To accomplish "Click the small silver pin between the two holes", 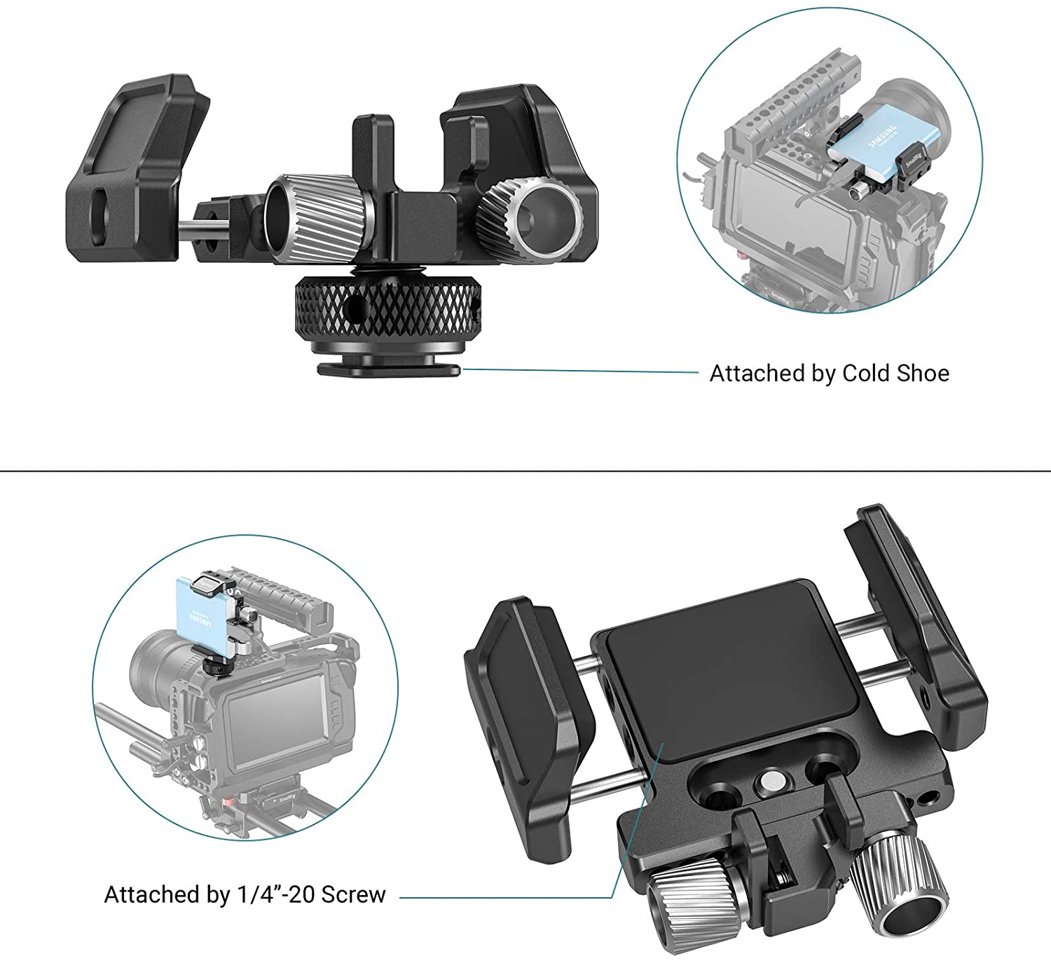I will tap(771, 780).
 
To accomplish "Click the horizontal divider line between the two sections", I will tap(525, 471).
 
